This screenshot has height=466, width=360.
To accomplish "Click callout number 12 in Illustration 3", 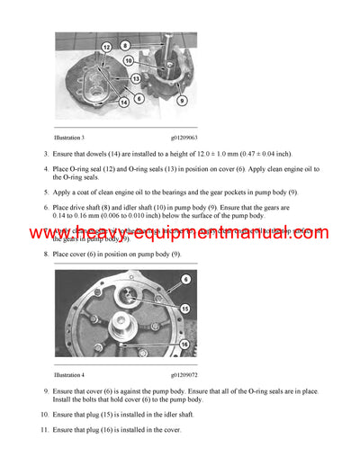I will [x=105, y=46].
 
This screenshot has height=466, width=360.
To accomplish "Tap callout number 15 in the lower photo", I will [x=184, y=308].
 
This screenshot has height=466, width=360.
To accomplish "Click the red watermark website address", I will [x=180, y=233].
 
